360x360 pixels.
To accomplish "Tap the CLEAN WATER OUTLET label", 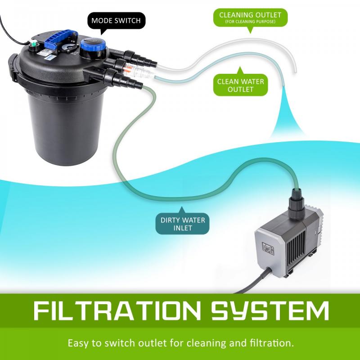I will click(240, 85).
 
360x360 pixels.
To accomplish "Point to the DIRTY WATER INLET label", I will click(183, 224).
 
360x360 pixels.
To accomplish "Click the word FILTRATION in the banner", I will click(115, 311).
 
